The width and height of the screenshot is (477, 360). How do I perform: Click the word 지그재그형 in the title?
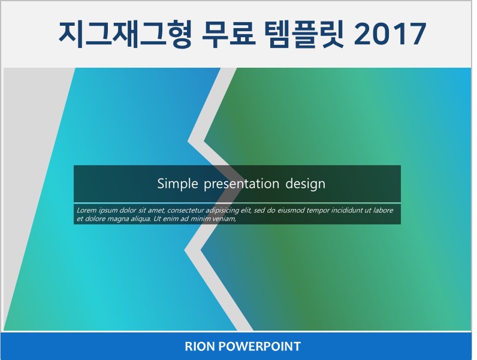click(x=125, y=34)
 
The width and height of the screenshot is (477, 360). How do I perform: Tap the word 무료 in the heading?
click(x=228, y=34)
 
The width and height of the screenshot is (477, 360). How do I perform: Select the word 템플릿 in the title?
click(x=304, y=34)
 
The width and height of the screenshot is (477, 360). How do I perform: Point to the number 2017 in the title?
click(x=390, y=34)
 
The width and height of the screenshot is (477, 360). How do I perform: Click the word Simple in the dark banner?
click(x=177, y=184)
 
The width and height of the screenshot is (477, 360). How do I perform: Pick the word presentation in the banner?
click(x=241, y=184)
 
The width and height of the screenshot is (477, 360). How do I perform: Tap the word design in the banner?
click(x=305, y=184)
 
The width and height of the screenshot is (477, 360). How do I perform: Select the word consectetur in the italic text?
click(x=186, y=210)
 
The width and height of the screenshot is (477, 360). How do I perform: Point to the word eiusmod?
click(x=291, y=210)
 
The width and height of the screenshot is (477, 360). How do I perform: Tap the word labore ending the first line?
click(x=384, y=210)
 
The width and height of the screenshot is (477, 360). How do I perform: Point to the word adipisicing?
click(x=222, y=210)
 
